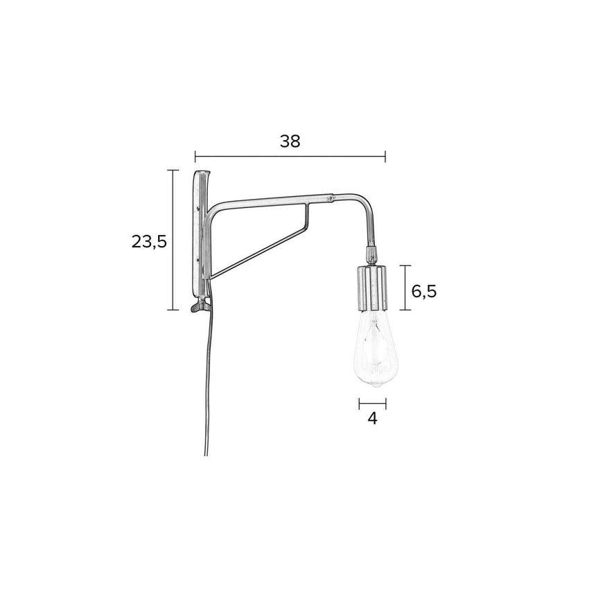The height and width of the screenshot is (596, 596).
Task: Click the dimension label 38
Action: pyautogui.click(x=290, y=141)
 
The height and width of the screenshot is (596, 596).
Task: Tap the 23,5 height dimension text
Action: pyautogui.click(x=149, y=241)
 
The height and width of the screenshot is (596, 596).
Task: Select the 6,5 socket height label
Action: pyautogui.click(x=424, y=292)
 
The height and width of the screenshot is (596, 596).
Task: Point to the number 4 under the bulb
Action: pyautogui.click(x=373, y=418)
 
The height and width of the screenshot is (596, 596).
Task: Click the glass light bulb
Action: pyautogui.click(x=373, y=348)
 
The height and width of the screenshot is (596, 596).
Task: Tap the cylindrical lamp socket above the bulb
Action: pyautogui.click(x=373, y=288)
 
